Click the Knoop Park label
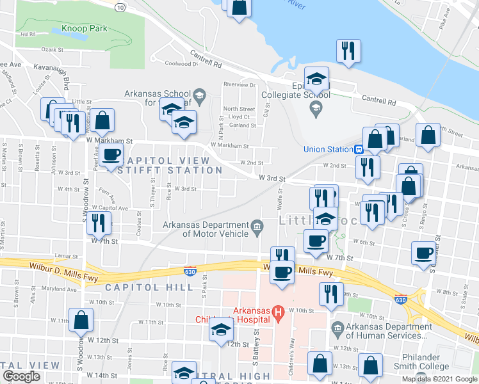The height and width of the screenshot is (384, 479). coord(85,29)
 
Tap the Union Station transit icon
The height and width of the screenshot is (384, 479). coord(359,150)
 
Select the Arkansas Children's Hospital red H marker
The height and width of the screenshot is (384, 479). coord(278,313)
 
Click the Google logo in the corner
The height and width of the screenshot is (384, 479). coord(21,376)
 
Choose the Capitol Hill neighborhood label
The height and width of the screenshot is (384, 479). coord(149,287)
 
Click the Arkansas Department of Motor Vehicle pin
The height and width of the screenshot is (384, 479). coord(257,225)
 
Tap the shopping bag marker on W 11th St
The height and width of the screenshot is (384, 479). coord(81,319)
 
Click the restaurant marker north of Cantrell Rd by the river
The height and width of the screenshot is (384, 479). coord(348,51)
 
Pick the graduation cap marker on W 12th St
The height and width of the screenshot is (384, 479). coord(221,330)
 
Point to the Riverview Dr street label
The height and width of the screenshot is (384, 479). coord(239,84)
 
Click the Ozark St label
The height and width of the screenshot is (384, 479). coord(52,49)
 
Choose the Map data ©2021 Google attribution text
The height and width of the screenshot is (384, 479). coord(439,379)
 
